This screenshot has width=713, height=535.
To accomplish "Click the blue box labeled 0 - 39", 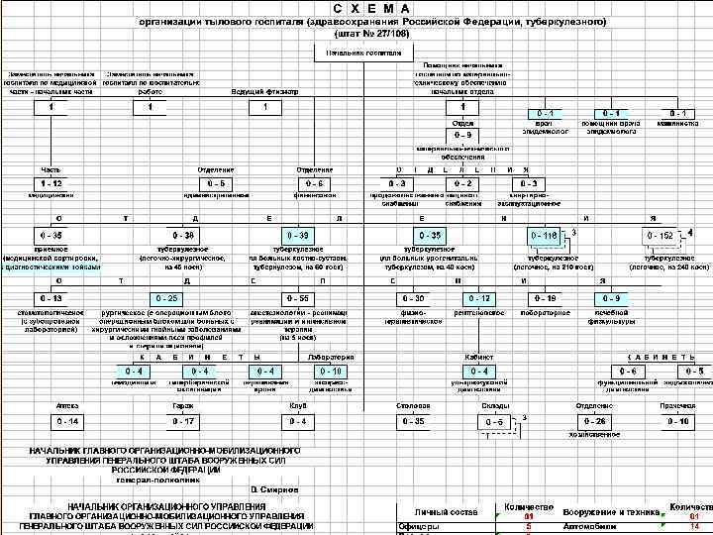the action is pyautogui.click(x=296, y=235).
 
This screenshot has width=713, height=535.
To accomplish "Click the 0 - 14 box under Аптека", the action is pyautogui.click(x=67, y=422).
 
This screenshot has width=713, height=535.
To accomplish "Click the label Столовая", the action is pyautogui.click(x=412, y=406).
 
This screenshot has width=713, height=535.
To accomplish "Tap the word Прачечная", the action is pyautogui.click(x=678, y=406).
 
